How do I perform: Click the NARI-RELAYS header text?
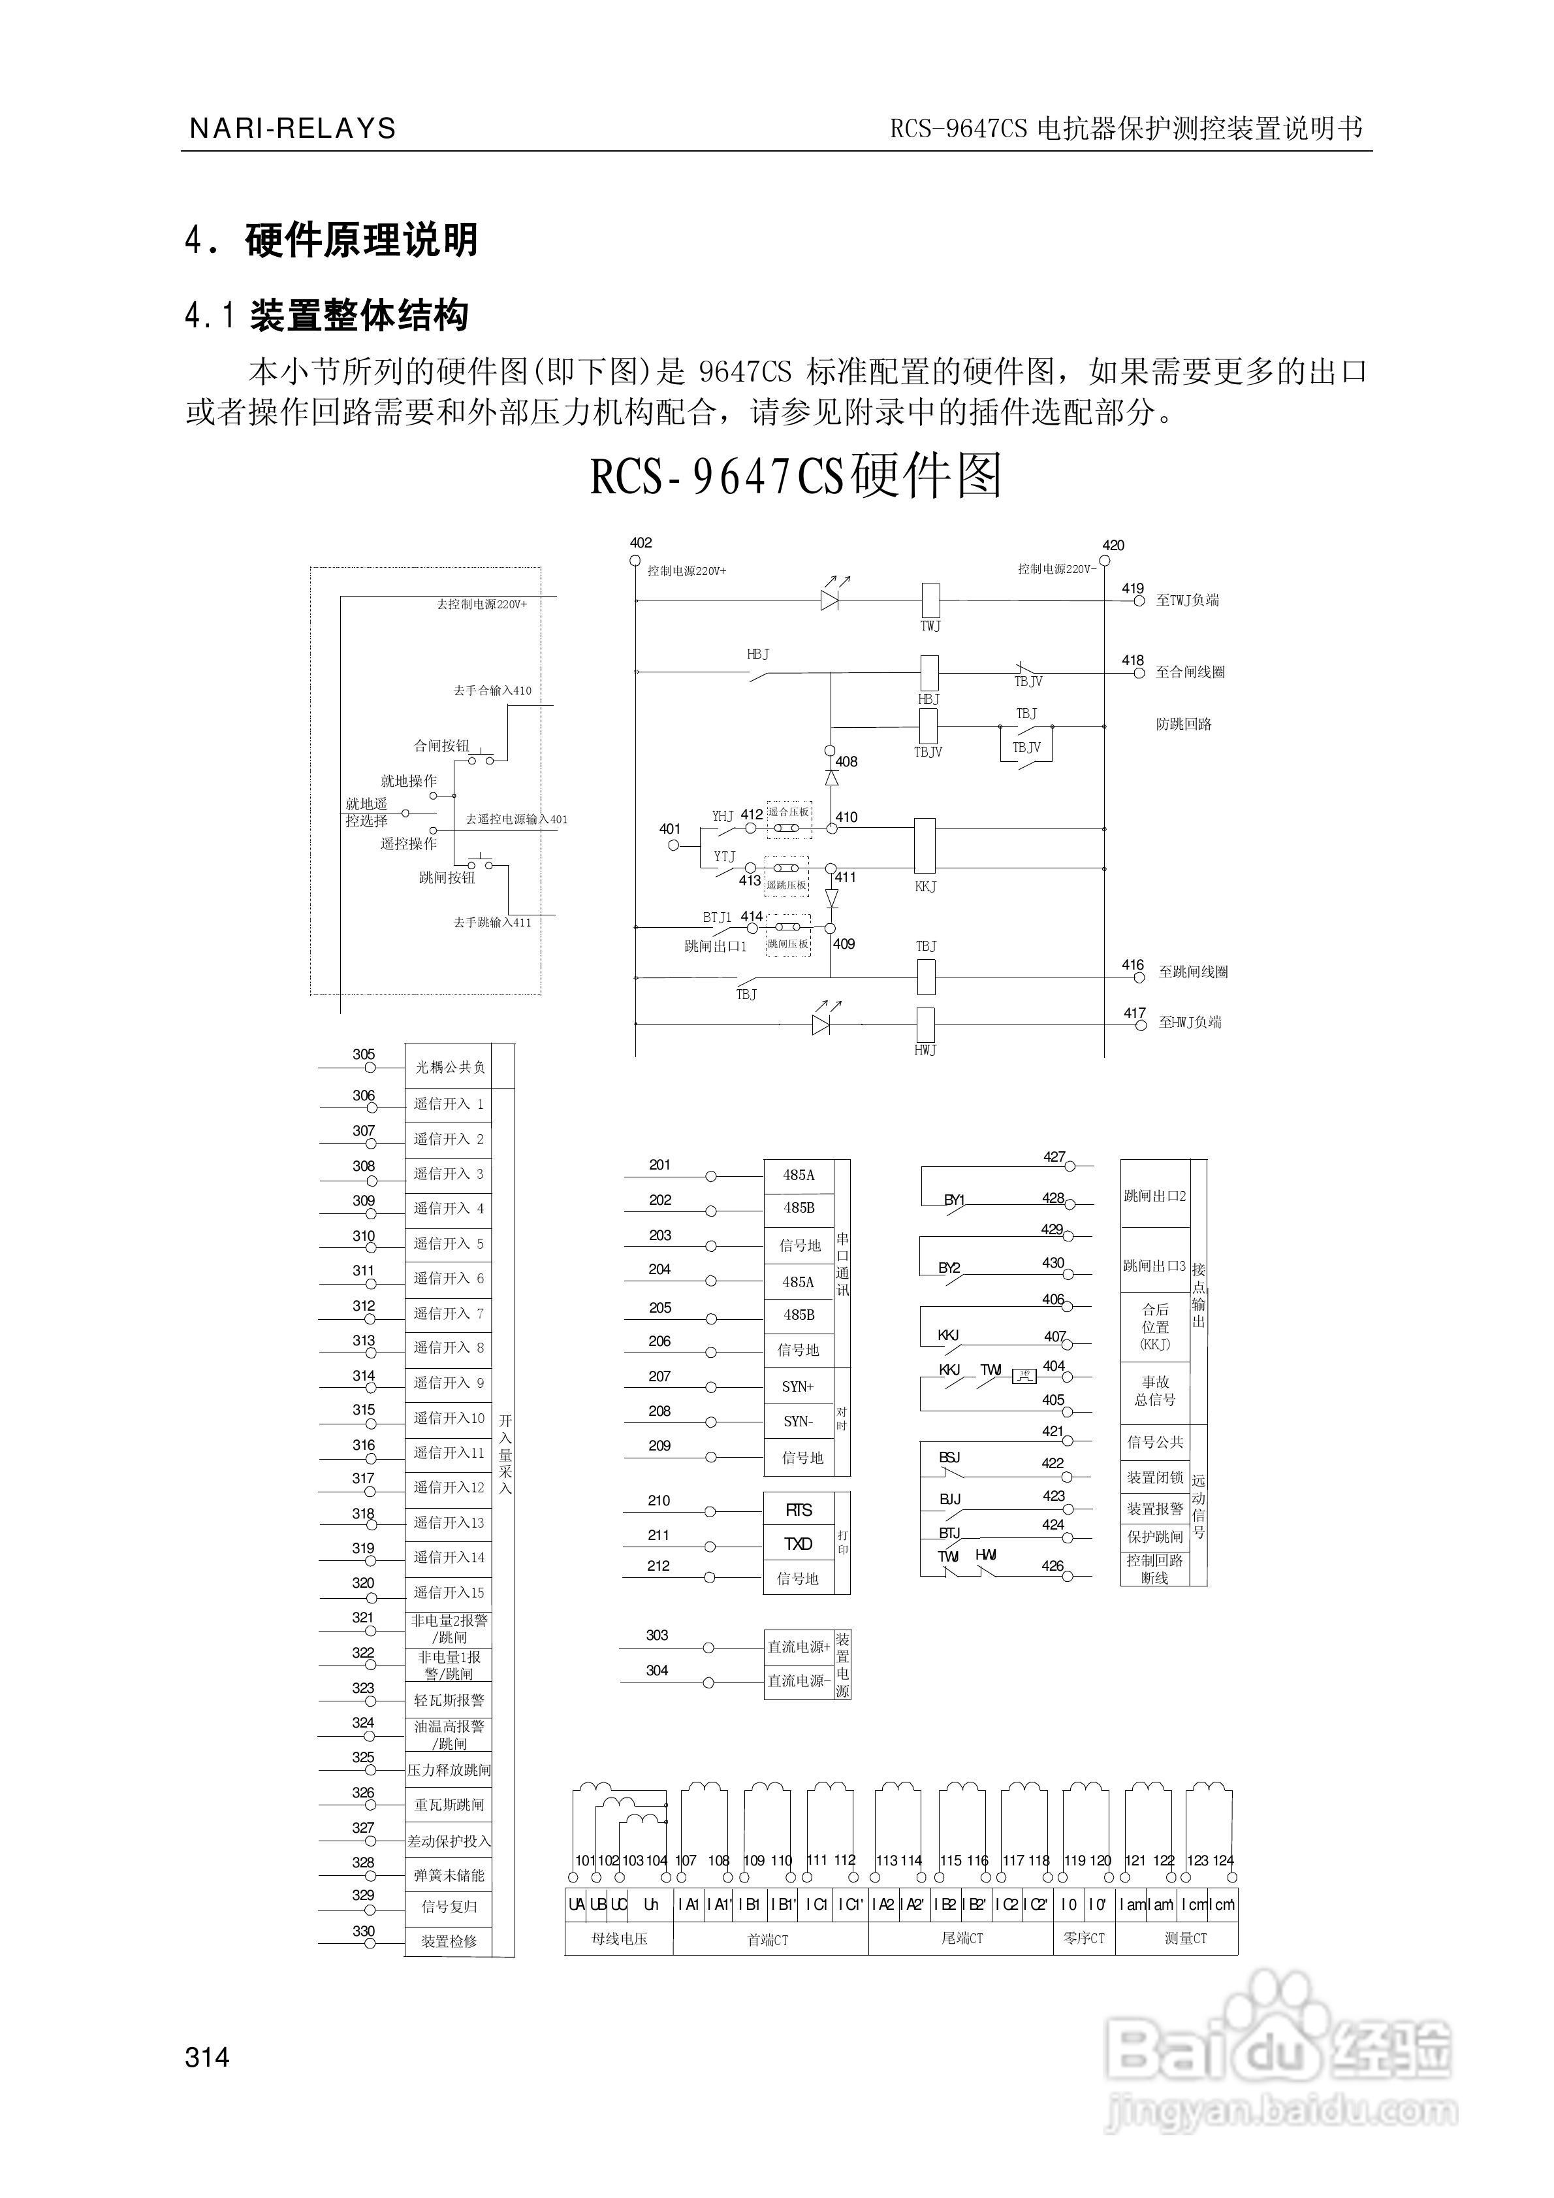click(292, 128)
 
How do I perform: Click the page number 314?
click(208, 2056)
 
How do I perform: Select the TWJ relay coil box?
click(929, 600)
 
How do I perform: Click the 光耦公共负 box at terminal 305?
click(449, 1066)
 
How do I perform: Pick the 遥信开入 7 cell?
click(448, 1313)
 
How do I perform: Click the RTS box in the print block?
click(798, 1510)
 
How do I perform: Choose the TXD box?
click(798, 1544)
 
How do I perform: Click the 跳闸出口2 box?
click(1155, 1196)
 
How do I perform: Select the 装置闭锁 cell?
click(1155, 1477)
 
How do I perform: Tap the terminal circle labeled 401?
click(674, 845)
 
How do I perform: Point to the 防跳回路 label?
click(1184, 725)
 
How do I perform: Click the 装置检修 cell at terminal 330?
click(449, 1941)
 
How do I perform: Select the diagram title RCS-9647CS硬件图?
click(795, 477)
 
